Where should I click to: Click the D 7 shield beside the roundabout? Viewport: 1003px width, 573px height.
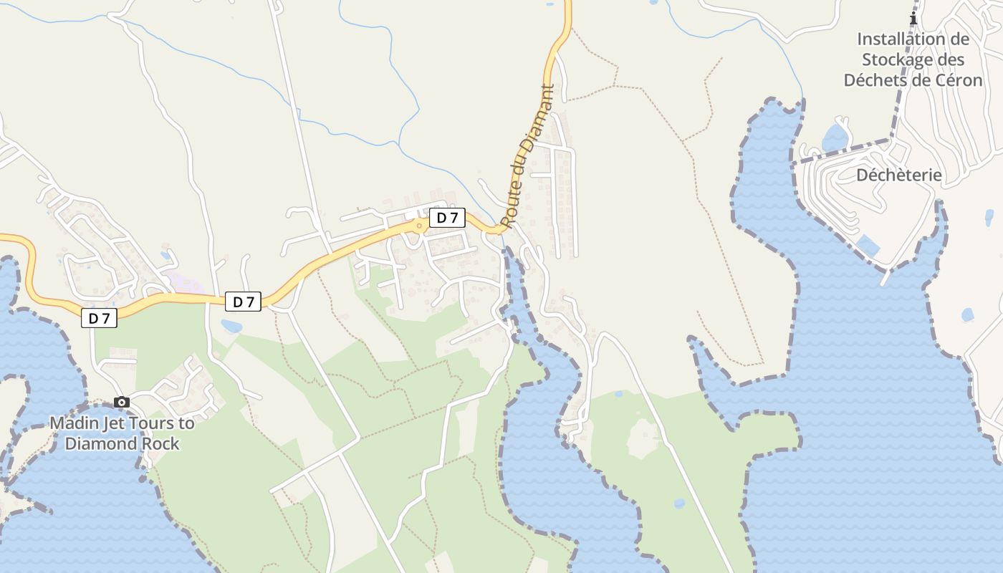point(447,218)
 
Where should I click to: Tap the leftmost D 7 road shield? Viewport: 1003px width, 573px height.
point(99,318)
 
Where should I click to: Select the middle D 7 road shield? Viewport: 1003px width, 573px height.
point(244,302)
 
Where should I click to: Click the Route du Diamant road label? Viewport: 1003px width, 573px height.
point(528,157)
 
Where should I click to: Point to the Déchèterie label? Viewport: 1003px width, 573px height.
point(899,175)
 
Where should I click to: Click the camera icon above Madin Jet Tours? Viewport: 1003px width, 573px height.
point(122,402)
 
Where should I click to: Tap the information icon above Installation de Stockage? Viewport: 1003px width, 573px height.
point(913,19)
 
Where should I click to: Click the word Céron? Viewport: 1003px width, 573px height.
point(959,80)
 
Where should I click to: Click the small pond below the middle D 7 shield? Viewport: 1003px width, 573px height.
point(231,327)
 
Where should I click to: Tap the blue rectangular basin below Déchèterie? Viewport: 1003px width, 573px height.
point(868,246)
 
